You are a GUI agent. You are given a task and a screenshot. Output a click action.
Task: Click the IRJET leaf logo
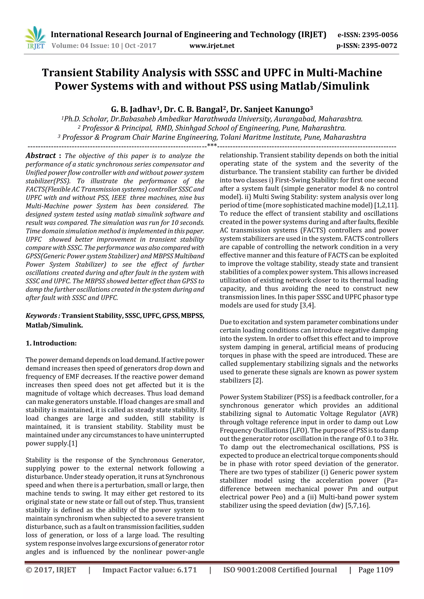(35, 38)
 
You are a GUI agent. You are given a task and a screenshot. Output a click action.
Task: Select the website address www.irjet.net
(212, 46)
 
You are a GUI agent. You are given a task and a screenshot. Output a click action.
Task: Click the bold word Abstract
(41, 156)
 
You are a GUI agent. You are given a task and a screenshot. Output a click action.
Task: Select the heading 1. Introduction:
(51, 343)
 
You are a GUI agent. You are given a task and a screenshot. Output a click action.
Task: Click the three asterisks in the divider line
(212, 145)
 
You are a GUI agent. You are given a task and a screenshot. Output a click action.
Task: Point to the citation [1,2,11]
(386, 205)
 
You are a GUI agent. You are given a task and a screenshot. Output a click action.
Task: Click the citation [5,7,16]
(357, 506)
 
